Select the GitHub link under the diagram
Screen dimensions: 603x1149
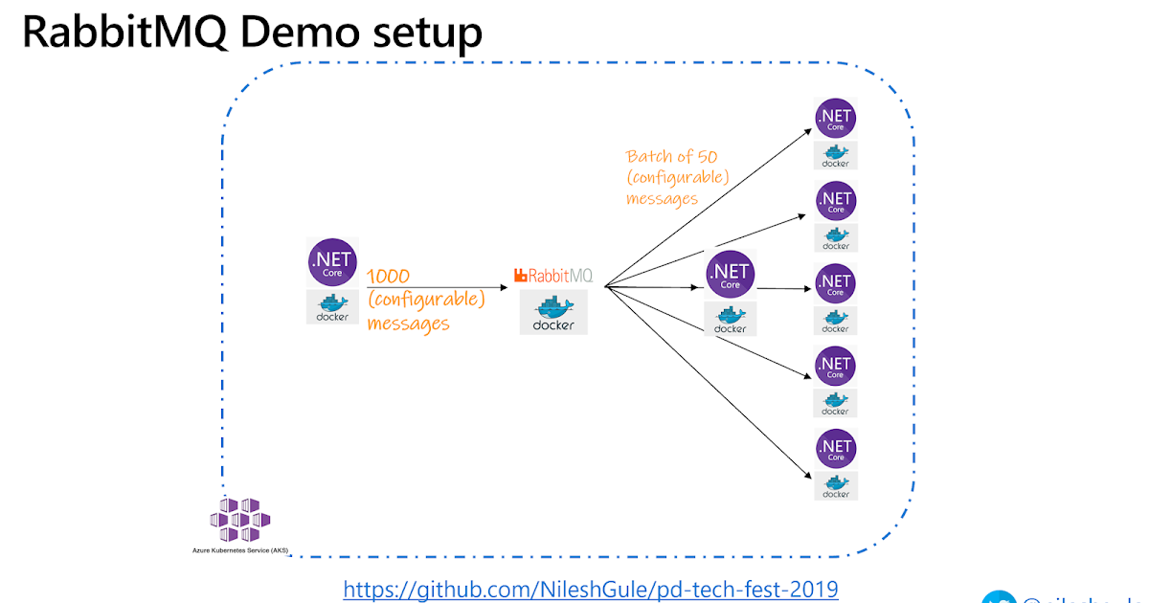click(x=591, y=589)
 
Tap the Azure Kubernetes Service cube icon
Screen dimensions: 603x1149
click(x=239, y=520)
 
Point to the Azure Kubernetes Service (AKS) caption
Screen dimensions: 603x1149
click(x=239, y=551)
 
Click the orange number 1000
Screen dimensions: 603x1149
click(x=389, y=277)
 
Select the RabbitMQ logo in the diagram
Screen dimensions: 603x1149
click(x=553, y=276)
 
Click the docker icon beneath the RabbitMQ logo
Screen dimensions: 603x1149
click(x=553, y=313)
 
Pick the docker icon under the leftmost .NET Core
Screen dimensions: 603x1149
click(x=332, y=307)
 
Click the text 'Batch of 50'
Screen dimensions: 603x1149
click(x=671, y=156)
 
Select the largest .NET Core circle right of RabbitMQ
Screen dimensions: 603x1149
click(x=730, y=275)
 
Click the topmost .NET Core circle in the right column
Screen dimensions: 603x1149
click(x=835, y=119)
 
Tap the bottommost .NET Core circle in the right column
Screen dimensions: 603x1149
click(x=835, y=448)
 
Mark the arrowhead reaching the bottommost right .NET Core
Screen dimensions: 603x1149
click(x=806, y=476)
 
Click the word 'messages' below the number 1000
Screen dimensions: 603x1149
click(x=408, y=324)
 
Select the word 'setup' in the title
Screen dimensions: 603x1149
click(x=420, y=32)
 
